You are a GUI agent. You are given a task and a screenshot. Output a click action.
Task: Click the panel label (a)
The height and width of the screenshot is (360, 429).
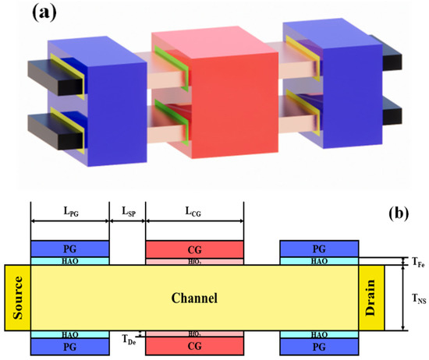coord(54,16)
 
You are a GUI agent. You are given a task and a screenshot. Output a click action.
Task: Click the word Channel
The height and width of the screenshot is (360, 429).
coord(195,298)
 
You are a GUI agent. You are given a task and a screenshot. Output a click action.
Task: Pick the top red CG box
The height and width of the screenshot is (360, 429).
coord(195,248)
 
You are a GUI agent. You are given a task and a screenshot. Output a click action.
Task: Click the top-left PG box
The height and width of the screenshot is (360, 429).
coord(69,248)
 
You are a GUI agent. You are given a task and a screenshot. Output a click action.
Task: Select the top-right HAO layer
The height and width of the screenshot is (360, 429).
coord(319,261)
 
